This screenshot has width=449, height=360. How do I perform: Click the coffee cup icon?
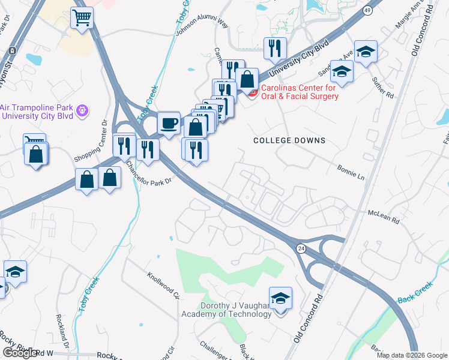click(169, 123)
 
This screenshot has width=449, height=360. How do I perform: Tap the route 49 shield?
click(367, 10)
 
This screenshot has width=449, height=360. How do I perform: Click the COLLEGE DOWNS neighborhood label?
click(289, 140)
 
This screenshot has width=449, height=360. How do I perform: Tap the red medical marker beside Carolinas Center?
click(253, 92)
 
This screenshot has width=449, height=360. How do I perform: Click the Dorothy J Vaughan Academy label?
click(227, 309)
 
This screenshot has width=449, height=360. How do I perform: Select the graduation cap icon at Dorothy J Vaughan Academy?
click(280, 298)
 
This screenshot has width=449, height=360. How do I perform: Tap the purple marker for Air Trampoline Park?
click(83, 111)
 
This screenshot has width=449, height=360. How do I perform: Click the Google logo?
click(20, 353)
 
